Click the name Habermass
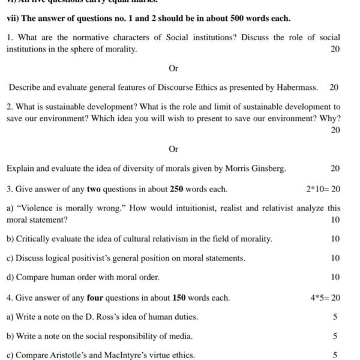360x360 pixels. pyautogui.click(x=296, y=88)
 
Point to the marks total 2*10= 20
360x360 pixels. pyautogui.click(x=323, y=189)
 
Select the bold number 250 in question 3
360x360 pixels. pyautogui.click(x=177, y=189)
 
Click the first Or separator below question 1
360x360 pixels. pyautogui.click(x=173, y=68)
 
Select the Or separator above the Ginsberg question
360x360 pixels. pyautogui.click(x=173, y=149)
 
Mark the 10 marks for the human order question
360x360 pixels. pyautogui.click(x=335, y=277)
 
